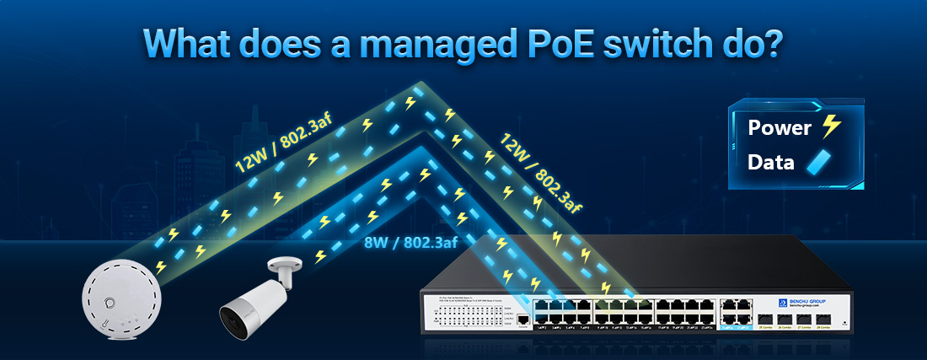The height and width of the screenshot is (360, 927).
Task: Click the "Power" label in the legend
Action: point(779,128)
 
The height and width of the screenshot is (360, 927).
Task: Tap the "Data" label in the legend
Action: point(770,163)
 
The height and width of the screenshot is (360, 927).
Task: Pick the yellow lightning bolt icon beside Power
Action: point(831,127)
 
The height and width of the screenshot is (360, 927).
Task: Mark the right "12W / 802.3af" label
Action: point(538,174)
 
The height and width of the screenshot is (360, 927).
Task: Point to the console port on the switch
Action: point(523,320)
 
